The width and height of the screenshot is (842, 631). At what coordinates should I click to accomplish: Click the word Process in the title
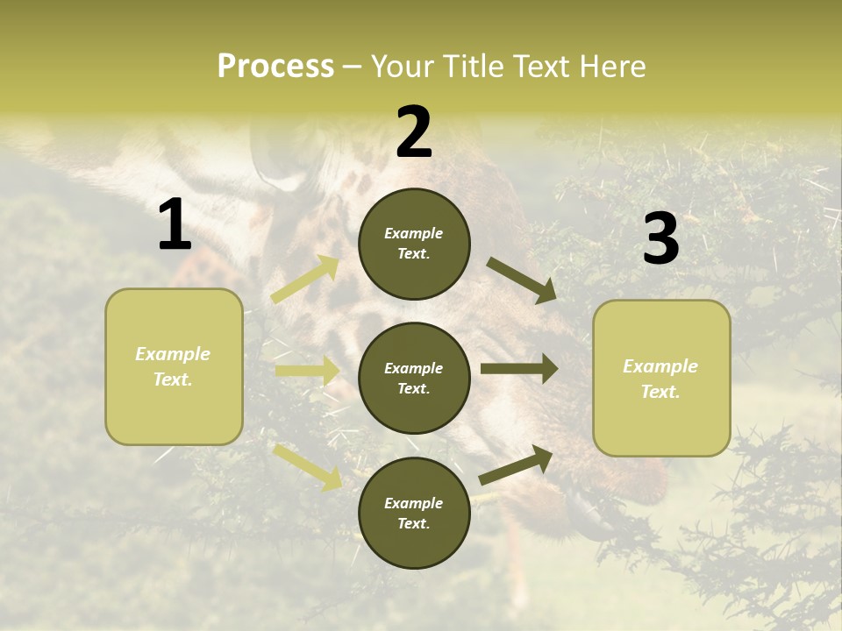[x=275, y=67]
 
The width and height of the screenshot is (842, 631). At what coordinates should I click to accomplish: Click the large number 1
[x=175, y=225]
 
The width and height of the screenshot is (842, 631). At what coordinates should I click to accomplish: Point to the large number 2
[x=414, y=132]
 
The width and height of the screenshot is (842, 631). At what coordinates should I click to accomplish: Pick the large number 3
[x=660, y=239]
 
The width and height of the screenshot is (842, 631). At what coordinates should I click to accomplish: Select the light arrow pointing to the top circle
[x=305, y=279]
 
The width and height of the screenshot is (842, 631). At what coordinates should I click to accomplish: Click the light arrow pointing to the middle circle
[x=307, y=371]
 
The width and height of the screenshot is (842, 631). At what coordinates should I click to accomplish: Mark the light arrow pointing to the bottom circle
[x=307, y=467]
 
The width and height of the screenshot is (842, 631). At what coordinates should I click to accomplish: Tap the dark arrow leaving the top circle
[x=521, y=280]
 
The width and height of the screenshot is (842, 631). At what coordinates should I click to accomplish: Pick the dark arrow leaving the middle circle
[x=518, y=369]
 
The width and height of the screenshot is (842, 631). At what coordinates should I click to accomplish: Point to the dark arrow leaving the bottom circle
[x=516, y=465]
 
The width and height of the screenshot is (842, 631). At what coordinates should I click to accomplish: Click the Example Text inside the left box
[x=173, y=366]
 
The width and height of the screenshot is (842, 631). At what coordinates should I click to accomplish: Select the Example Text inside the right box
[x=660, y=379]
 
